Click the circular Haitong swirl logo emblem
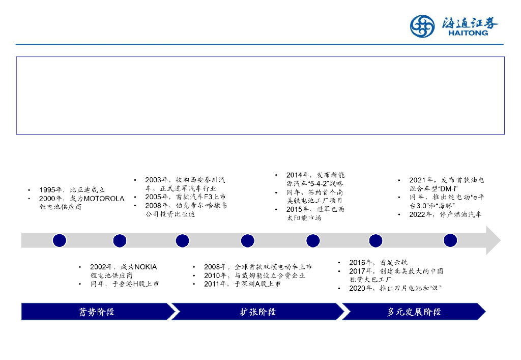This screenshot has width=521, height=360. click(423, 26)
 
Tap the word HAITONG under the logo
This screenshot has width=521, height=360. click(468, 33)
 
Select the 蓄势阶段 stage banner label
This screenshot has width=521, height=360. click(96, 312)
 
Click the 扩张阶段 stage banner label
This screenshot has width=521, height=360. click(258, 312)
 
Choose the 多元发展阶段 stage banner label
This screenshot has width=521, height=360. click(414, 312)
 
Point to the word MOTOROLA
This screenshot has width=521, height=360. click(104, 199)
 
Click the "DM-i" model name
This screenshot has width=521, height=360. click(448, 188)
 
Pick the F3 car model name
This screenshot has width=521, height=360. click(202, 197)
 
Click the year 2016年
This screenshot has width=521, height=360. click(361, 263)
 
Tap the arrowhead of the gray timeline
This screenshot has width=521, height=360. click(493, 240)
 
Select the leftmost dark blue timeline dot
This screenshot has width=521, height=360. click(60, 240)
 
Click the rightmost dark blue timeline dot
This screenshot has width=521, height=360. click(450, 240)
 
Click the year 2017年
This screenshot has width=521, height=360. click(361, 271)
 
